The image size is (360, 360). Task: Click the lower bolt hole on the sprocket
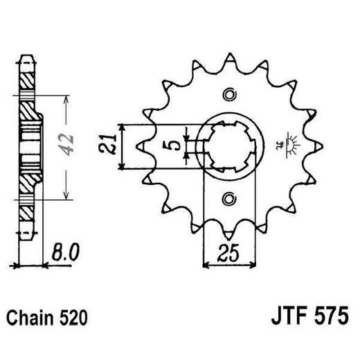click(x=229, y=199)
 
